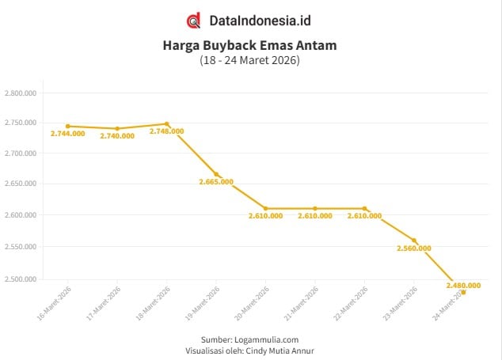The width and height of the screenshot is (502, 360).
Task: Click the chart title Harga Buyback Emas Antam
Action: [250, 45]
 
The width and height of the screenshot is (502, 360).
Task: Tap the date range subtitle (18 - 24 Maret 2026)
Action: [250, 60]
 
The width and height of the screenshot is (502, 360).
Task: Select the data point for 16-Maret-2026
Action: [68, 126]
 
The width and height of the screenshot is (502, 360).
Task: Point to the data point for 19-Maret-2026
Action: [216, 174]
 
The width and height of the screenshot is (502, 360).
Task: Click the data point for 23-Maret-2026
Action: [414, 241]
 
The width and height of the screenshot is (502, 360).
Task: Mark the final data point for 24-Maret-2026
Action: [463, 292]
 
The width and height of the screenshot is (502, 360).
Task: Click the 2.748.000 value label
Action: [167, 131]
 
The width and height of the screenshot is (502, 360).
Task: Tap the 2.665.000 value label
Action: [216, 182]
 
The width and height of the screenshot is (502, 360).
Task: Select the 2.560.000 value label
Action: [414, 248]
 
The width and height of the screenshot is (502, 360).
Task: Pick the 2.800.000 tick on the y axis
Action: [21, 93]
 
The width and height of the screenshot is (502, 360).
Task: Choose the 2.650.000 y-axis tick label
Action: [21, 184]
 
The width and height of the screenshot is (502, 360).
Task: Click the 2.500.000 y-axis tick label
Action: [21, 279]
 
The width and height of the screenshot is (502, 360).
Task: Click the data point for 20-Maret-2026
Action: [266, 208]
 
